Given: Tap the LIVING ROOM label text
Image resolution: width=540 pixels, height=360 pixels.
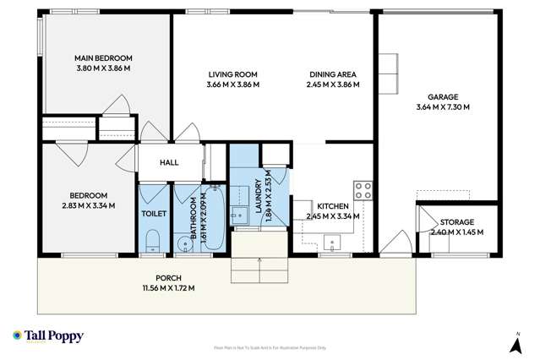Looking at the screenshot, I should click(233, 74).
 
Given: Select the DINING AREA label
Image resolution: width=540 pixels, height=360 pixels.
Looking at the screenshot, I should click(331, 74).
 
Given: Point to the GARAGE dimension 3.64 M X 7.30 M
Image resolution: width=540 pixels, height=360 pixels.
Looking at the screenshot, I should click(442, 107).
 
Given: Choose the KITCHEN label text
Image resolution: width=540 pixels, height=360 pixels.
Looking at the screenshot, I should click(333, 205).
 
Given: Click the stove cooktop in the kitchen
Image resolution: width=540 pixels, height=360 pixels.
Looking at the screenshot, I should click(363, 191).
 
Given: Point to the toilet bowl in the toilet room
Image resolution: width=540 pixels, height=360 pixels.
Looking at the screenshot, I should click(152, 244).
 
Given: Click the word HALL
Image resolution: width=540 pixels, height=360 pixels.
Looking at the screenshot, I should click(169, 162).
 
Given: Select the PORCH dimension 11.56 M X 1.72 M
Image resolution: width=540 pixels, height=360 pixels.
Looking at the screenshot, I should click(169, 288).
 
